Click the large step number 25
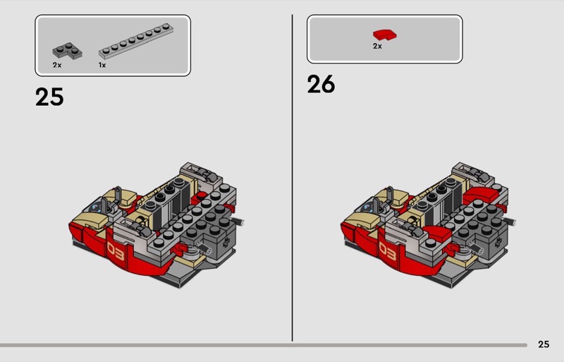[x=49, y=97]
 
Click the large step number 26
[x=321, y=84]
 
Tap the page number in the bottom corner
[x=544, y=344]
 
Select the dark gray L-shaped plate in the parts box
[x=67, y=50]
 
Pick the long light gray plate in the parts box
[x=136, y=41]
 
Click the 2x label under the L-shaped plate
[x=57, y=65]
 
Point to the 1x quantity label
[x=102, y=65]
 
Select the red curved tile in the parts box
[x=384, y=35]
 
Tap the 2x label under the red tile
[x=377, y=46]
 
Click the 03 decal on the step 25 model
[x=116, y=252]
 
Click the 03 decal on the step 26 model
[x=388, y=252]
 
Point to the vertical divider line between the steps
[x=292, y=178]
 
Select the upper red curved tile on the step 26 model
[x=481, y=195]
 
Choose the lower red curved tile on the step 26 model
[x=438, y=232]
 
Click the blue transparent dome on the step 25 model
[x=95, y=208]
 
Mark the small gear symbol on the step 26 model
[x=499, y=242]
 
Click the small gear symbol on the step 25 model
[x=227, y=242]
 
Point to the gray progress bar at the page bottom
[x=264, y=345]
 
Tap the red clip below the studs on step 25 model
[x=181, y=248]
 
